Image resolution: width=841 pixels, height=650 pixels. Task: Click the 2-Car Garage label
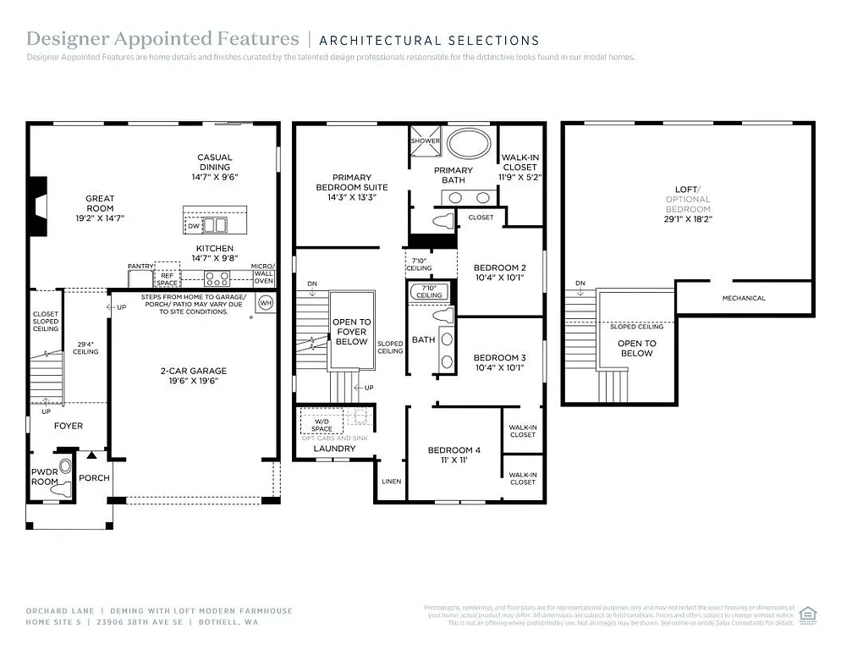pyautogui.click(x=194, y=371)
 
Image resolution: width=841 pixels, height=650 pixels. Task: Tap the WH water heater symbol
pyautogui.click(x=265, y=302)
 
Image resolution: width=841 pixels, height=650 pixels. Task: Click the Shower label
pyautogui.click(x=426, y=141)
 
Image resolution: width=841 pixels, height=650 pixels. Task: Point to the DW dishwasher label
pyautogui.click(x=194, y=226)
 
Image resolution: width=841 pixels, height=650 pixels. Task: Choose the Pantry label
pyautogui.click(x=140, y=266)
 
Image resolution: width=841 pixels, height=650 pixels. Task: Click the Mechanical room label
pyautogui.click(x=744, y=298)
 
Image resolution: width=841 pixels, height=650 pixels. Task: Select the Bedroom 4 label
pyautogui.click(x=453, y=450)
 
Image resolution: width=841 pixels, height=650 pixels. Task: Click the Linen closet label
pyautogui.click(x=391, y=481)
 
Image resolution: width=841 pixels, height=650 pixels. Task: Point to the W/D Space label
pyautogui.click(x=322, y=424)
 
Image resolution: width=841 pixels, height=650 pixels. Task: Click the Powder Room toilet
pyautogui.click(x=61, y=488)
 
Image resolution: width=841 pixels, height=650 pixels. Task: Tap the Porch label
pyautogui.click(x=94, y=477)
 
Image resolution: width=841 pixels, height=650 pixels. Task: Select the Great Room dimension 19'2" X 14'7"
pyautogui.click(x=100, y=217)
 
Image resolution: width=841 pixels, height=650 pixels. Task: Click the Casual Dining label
pyautogui.click(x=214, y=162)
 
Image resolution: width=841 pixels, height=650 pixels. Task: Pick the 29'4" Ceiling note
pyautogui.click(x=85, y=347)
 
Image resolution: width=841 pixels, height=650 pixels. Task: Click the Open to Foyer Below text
pyautogui.click(x=351, y=332)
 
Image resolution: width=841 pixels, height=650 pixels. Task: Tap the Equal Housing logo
pyautogui.click(x=808, y=614)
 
